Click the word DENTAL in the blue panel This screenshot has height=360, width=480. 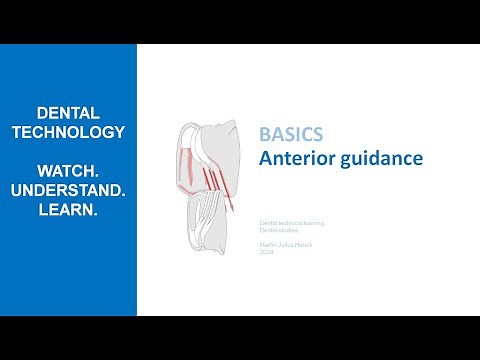[x=67, y=114]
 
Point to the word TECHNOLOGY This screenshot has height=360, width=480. [x=67, y=133]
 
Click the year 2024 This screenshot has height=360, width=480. [x=267, y=253]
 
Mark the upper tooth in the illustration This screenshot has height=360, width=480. [x=215, y=150]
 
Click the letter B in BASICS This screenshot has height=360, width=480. [x=264, y=134]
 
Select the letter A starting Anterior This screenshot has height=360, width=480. [x=265, y=158]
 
